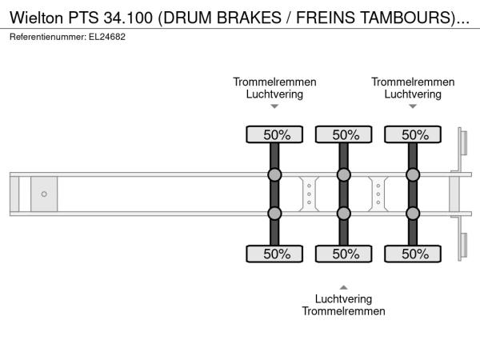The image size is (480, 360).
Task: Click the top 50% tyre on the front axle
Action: tap(274, 135)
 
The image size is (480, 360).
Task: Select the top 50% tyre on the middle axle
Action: tap(344, 135)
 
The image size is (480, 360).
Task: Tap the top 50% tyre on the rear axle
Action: tap(413, 135)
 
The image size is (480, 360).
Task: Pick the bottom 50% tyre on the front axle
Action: tap(274, 254)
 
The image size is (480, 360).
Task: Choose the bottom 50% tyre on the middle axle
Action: tap(344, 254)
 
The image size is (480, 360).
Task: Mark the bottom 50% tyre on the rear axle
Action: tap(413, 254)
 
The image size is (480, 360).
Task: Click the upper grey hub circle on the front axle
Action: tap(274, 175)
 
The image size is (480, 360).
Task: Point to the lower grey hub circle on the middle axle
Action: tap(344, 214)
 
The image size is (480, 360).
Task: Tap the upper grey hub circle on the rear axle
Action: tap(413, 175)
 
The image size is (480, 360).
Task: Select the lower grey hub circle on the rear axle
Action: tap(413, 214)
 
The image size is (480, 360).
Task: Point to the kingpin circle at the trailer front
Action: tap(44, 194)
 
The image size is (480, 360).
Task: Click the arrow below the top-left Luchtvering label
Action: tap(274, 106)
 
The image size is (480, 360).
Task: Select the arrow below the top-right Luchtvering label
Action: tap(413, 106)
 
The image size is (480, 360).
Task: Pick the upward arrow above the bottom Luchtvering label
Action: tap(344, 286)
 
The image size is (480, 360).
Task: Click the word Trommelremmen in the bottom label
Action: tap(344, 311)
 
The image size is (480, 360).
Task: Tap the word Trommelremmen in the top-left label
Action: tap(274, 82)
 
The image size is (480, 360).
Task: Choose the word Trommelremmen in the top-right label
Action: tap(413, 82)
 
